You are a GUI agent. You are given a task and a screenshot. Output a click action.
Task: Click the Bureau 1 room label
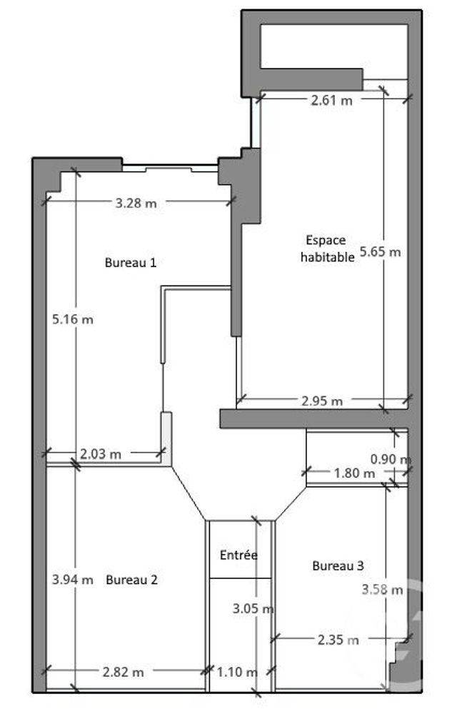[131, 262]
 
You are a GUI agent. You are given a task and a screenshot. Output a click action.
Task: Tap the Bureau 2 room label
[131, 580]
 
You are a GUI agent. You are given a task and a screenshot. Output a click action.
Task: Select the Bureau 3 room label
[338, 565]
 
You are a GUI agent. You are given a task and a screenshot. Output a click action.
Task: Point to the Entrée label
[239, 555]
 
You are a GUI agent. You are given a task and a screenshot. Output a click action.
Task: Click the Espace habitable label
[326, 249]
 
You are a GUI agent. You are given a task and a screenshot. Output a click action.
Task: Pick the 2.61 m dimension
[331, 101]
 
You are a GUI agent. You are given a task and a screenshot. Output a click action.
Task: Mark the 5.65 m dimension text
[381, 251]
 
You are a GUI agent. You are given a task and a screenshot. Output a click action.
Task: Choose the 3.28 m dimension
[136, 203]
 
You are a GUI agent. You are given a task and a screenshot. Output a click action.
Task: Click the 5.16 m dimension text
[73, 319]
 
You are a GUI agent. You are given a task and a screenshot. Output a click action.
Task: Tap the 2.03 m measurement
[101, 453]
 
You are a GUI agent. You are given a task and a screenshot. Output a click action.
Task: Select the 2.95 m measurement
[321, 401]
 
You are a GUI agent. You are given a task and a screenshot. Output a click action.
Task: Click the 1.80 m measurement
[354, 473]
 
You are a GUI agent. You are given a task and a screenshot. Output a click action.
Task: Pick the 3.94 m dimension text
[73, 580]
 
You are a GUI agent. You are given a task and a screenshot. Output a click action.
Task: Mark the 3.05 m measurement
[253, 609]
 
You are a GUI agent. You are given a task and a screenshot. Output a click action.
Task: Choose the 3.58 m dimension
[382, 590]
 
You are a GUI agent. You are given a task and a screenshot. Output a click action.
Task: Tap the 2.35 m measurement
[338, 640]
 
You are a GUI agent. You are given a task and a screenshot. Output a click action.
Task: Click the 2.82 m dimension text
[124, 672]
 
